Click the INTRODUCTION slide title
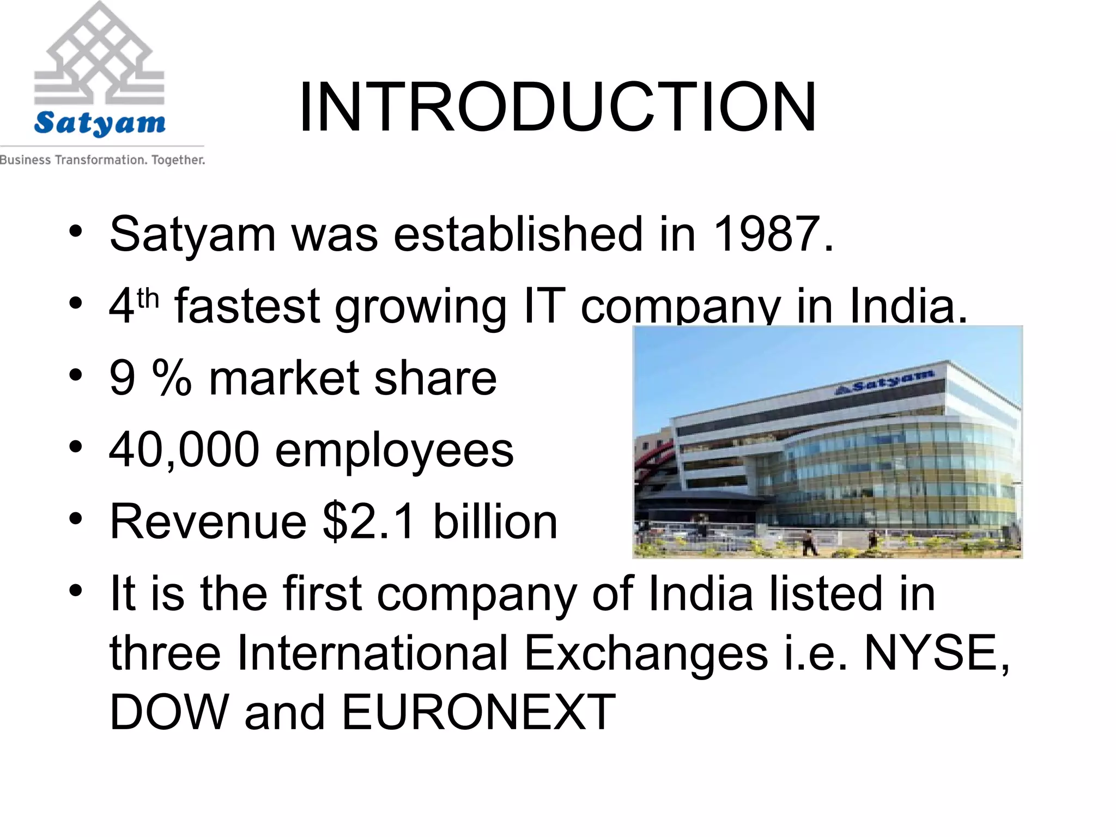(557, 107)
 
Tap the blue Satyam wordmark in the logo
(100, 123)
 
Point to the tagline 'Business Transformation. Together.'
(102, 160)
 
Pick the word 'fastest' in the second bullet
(247, 306)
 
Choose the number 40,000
(184, 450)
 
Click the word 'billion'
(495, 521)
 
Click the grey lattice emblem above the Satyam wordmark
(99, 54)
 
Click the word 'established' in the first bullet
(518, 234)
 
